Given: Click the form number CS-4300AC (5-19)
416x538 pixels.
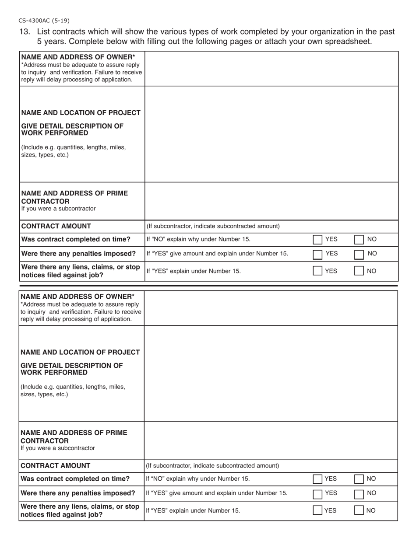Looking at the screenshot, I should [44, 21].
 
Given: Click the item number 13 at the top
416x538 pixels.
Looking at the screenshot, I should [25, 32].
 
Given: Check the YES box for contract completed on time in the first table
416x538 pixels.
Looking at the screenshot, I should [317, 239].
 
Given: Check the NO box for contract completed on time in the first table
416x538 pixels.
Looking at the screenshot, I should [359, 239].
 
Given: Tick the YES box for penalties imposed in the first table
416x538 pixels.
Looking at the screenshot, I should [317, 254].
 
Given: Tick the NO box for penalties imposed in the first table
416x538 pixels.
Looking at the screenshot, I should [359, 254].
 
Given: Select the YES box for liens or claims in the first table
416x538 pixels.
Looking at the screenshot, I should [317, 271].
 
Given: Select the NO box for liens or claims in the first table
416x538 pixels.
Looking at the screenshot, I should [359, 271].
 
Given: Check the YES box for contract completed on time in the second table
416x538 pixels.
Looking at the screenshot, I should [317, 479].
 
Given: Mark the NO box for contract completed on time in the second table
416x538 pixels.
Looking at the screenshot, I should [359, 479].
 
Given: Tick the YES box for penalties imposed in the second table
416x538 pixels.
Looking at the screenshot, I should [317, 493].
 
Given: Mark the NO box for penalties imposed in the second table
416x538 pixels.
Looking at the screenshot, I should [359, 493].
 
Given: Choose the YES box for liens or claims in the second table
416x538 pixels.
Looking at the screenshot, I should [317, 510].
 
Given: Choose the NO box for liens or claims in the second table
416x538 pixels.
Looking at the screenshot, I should [359, 510].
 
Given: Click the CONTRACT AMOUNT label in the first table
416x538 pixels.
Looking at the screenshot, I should [56, 226].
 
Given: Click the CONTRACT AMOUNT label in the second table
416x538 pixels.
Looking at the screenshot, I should [56, 466].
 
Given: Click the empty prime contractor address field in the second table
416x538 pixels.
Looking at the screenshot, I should [271, 440].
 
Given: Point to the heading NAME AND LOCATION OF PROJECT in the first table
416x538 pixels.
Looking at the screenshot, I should [81, 113].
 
